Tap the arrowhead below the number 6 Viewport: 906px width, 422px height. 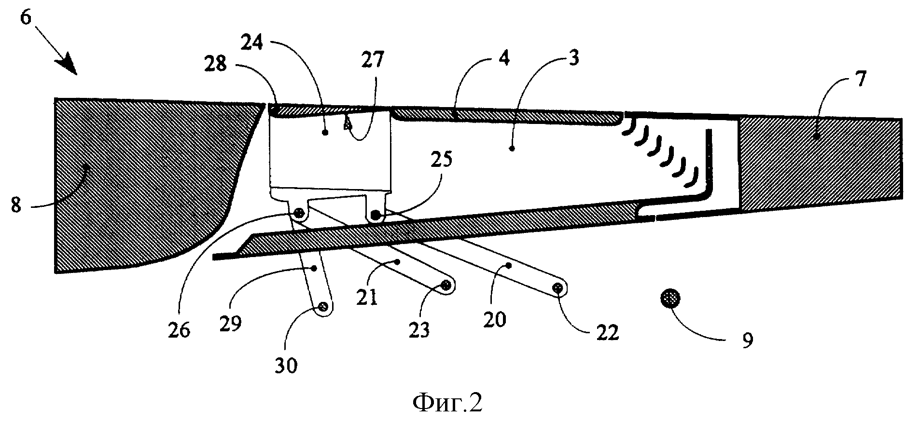(x=68, y=65)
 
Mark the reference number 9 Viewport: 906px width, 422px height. (x=747, y=340)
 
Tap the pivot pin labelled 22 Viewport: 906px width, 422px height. (x=558, y=288)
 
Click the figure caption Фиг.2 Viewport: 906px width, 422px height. (x=448, y=402)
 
